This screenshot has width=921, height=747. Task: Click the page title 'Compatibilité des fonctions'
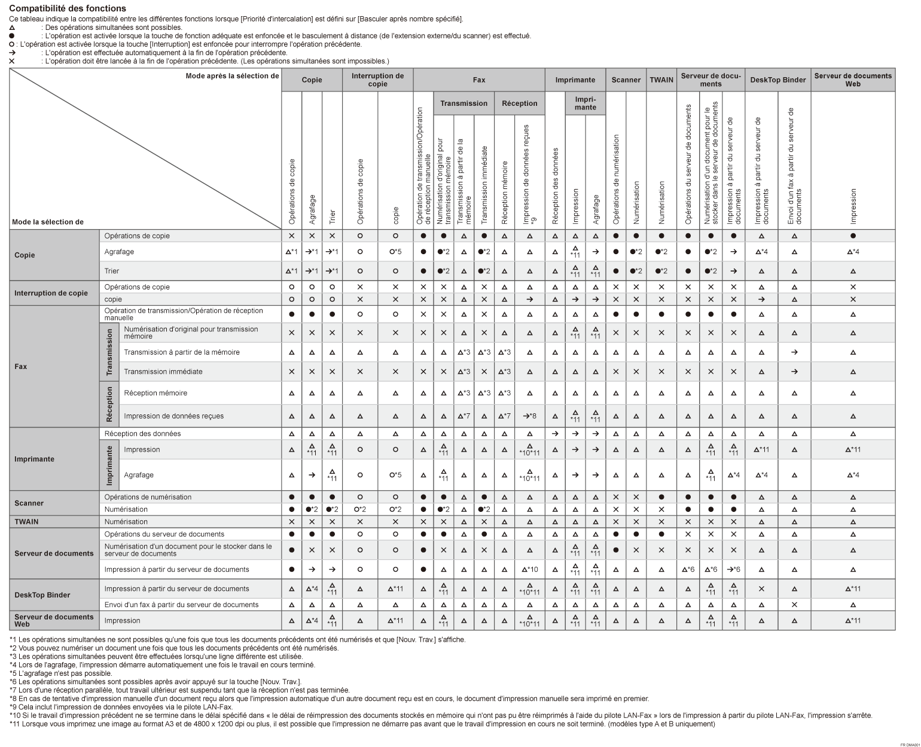68,8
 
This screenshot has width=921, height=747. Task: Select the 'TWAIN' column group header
661,80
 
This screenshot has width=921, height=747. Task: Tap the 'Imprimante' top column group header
575,80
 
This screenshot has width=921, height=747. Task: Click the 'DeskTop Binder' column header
777,80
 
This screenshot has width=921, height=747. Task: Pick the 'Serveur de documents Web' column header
853,80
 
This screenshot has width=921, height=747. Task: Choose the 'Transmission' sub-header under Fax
463,103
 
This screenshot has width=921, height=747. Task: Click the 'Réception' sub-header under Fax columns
520,103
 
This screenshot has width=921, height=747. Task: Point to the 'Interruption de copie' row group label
51,293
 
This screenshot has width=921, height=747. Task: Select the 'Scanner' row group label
29,503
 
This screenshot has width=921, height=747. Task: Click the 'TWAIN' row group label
26,522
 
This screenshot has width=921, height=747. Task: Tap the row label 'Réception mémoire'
155,393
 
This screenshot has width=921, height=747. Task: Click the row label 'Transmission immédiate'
163,371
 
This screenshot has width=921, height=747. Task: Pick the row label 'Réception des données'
142,434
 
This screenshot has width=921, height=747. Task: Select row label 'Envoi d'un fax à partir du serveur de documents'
181,605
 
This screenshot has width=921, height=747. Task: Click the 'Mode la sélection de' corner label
47,222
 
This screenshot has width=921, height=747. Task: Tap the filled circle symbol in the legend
12,36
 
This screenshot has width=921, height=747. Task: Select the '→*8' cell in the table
529,416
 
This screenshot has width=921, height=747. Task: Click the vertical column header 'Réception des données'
555,185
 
